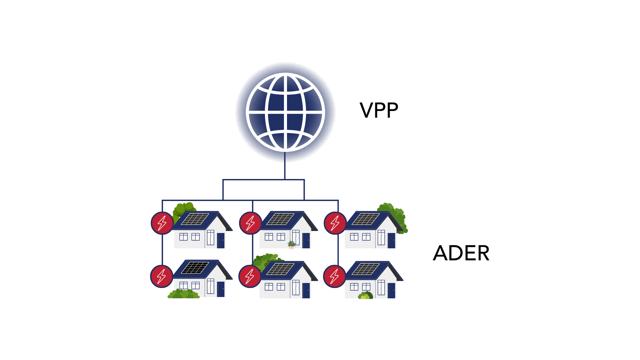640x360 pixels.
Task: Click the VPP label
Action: click(379, 110)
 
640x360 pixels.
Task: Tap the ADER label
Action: click(461, 253)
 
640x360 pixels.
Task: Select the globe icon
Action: click(285, 112)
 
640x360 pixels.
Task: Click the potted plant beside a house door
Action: click(291, 244)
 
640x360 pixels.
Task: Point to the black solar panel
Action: click(195, 267)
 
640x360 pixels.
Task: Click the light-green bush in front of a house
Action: click(365, 295)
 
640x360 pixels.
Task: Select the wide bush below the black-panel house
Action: click(183, 294)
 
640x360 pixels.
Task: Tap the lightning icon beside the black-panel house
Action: click(162, 276)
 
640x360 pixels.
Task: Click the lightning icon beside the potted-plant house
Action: click(250, 223)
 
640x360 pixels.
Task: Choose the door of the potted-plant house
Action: click(306, 240)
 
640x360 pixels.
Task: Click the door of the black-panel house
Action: click(221, 289)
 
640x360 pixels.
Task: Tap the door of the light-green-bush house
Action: click(391, 290)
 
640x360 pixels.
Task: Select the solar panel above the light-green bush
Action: click(366, 269)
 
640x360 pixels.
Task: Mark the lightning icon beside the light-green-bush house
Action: click(334, 276)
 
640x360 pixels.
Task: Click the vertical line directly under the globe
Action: click(285, 166)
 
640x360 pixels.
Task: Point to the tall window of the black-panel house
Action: click(210, 286)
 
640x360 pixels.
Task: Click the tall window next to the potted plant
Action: click(296, 237)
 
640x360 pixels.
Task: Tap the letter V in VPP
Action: click(366, 110)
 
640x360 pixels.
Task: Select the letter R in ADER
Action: click(483, 253)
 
